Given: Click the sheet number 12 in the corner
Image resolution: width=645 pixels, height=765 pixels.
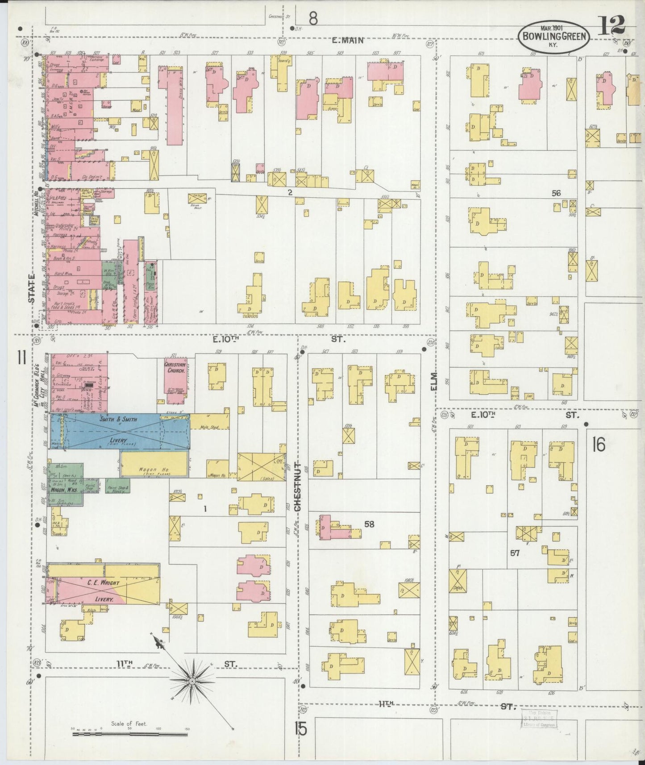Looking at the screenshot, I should (612, 25).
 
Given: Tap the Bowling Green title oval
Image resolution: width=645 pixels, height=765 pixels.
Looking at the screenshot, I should (553, 37).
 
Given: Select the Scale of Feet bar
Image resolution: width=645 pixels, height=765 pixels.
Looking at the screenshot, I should (129, 733).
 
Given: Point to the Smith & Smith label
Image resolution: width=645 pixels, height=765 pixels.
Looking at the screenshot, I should (118, 420).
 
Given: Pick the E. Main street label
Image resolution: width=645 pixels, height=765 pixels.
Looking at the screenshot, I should (348, 41).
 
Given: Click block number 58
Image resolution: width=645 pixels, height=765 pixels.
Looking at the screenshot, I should (369, 524).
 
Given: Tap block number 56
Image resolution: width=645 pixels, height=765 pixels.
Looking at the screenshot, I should (556, 193).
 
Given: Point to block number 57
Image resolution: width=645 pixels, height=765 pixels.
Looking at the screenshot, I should (515, 553).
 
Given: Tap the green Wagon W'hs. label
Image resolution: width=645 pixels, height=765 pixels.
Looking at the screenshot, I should (64, 490).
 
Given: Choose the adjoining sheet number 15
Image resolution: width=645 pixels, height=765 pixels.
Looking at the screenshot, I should (300, 729).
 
